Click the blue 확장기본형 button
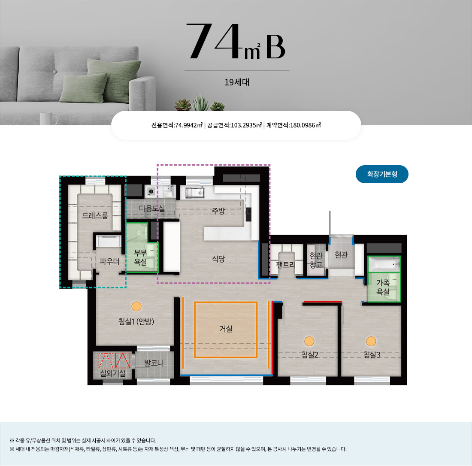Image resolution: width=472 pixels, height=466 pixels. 382,174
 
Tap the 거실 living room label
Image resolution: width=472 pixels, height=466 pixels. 226,328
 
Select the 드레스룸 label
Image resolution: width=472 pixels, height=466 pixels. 95,215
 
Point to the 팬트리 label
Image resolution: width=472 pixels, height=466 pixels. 286,265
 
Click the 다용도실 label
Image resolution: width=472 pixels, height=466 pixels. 152,208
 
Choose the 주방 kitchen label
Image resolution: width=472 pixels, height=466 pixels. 218,211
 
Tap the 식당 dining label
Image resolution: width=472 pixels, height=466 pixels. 218,259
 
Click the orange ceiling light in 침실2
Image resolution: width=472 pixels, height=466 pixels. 309,342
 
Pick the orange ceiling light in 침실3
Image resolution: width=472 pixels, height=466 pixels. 371,342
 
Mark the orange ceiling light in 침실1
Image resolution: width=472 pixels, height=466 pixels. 136,306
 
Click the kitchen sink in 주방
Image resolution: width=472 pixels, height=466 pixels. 195,192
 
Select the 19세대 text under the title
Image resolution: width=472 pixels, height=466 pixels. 237,82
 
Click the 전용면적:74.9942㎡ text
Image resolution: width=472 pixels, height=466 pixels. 177,125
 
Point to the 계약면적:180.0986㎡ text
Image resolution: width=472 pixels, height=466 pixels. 293,125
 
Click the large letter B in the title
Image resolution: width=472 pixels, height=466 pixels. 275,47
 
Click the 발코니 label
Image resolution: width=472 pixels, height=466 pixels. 154,363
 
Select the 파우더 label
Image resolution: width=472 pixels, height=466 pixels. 109,261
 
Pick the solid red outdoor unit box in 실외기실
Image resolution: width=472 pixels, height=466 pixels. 123,360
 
